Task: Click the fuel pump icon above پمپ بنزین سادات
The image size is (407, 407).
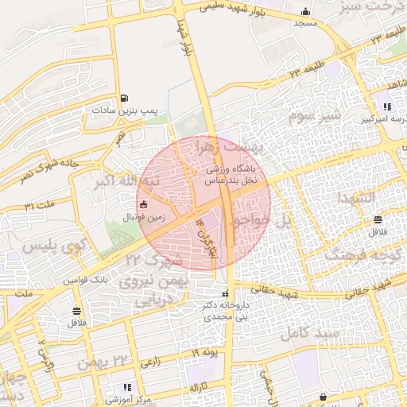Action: [x=123, y=99]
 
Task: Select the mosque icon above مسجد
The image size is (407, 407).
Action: [x=305, y=11]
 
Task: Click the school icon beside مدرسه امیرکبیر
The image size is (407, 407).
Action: [x=387, y=107]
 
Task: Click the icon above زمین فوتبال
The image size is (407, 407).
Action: [x=144, y=206]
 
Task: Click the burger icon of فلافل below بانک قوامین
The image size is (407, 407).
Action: [x=76, y=311]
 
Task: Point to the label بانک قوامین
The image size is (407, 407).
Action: [x=86, y=281]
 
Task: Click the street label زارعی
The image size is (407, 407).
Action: [x=151, y=362]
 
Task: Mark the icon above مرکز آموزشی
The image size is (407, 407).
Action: [x=126, y=387]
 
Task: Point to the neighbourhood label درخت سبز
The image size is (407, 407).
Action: [x=378, y=8]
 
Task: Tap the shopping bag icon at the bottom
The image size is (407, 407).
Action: [x=323, y=396]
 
